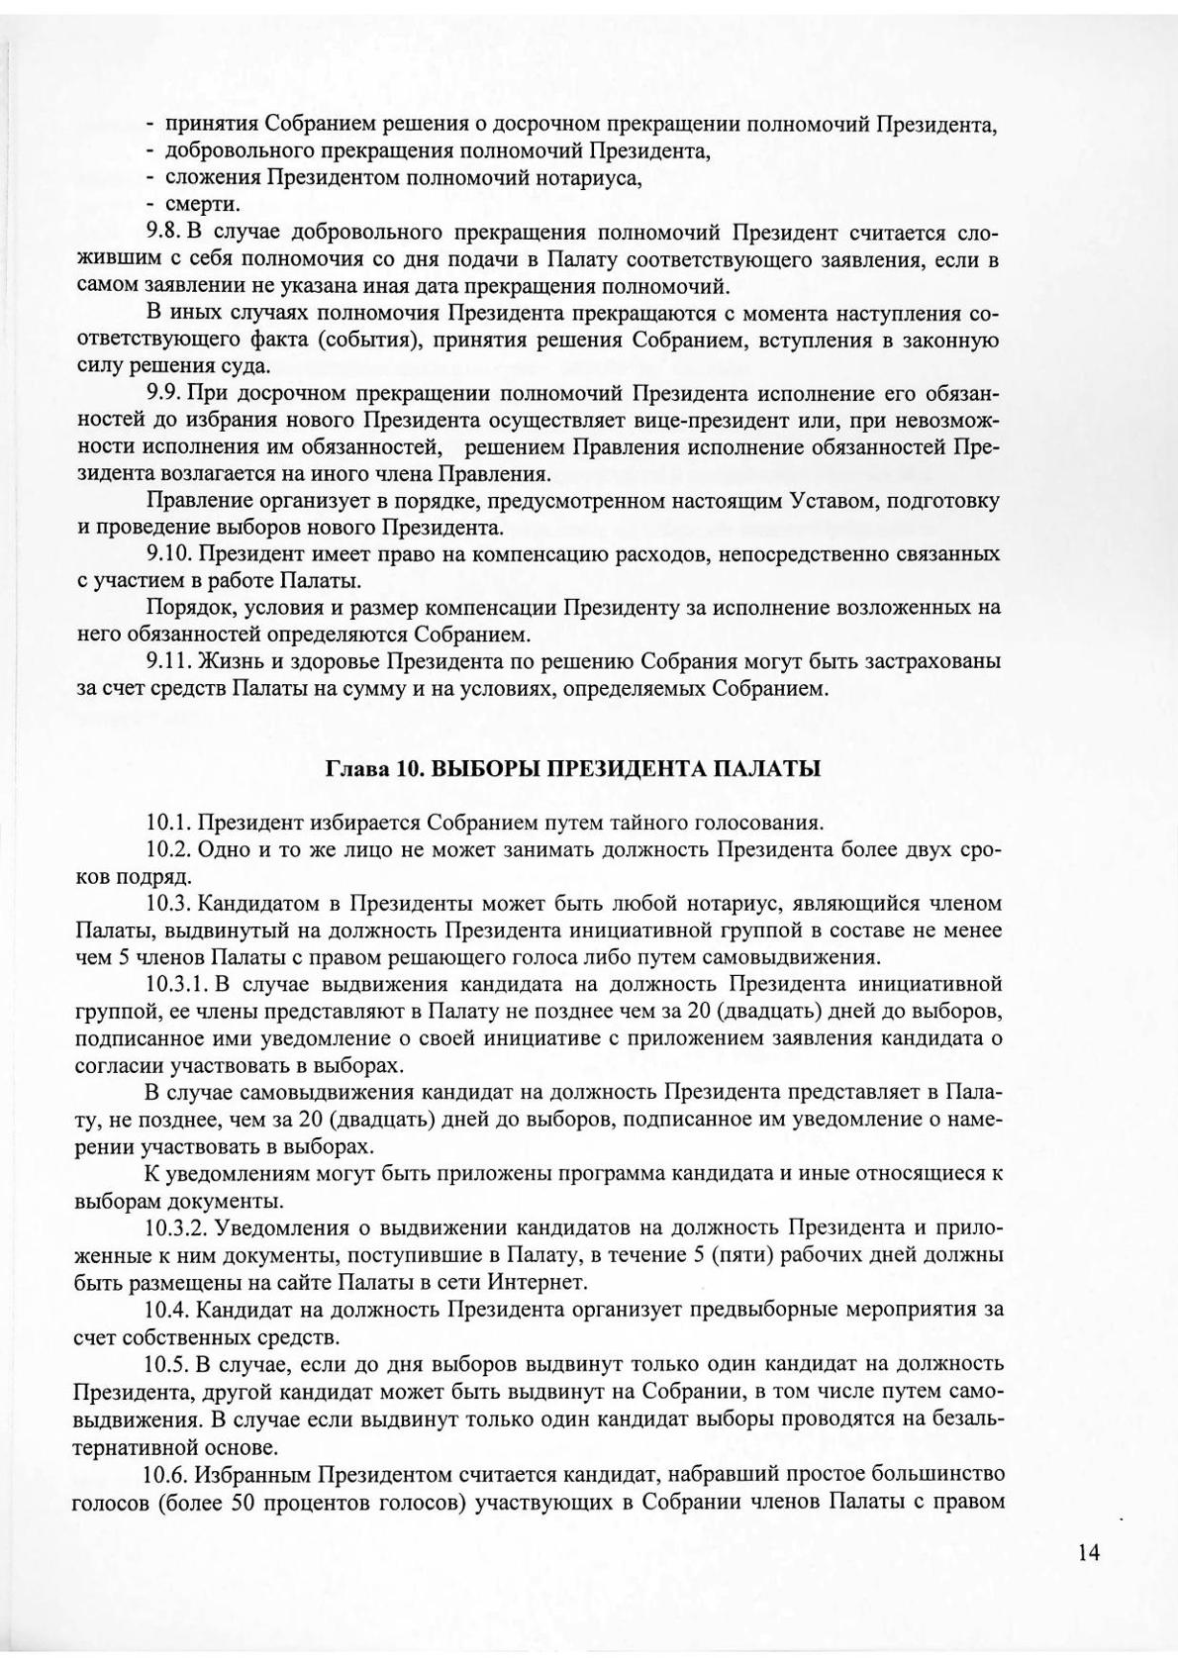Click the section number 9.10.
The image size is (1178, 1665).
169,553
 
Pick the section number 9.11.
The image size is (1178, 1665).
169,660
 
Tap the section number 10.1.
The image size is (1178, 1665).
168,822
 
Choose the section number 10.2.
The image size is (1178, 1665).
168,848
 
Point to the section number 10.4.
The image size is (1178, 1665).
167,1310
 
